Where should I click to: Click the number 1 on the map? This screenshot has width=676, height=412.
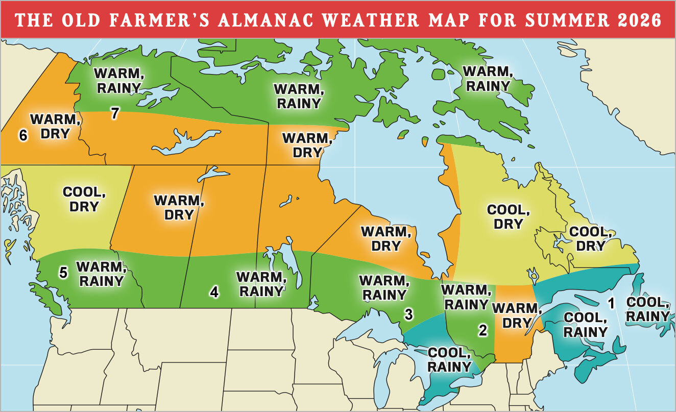pos(611,303)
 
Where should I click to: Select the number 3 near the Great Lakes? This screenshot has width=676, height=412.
pos(408,314)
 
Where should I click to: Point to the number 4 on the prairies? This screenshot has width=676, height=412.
pos(214,292)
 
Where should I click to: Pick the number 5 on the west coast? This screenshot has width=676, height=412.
pos(63,273)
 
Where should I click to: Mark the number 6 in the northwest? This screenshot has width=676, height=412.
pos(22,135)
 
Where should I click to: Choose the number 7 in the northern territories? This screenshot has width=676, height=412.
pos(115,113)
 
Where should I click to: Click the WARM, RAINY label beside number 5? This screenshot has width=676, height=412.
pos(100,274)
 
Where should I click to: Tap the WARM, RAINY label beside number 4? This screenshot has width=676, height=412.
pos(260,284)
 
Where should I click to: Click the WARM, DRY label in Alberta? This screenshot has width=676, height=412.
pos(179,207)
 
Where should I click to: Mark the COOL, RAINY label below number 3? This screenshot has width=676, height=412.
pos(449,359)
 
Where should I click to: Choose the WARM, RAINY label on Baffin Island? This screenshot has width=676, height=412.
pos(488,78)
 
